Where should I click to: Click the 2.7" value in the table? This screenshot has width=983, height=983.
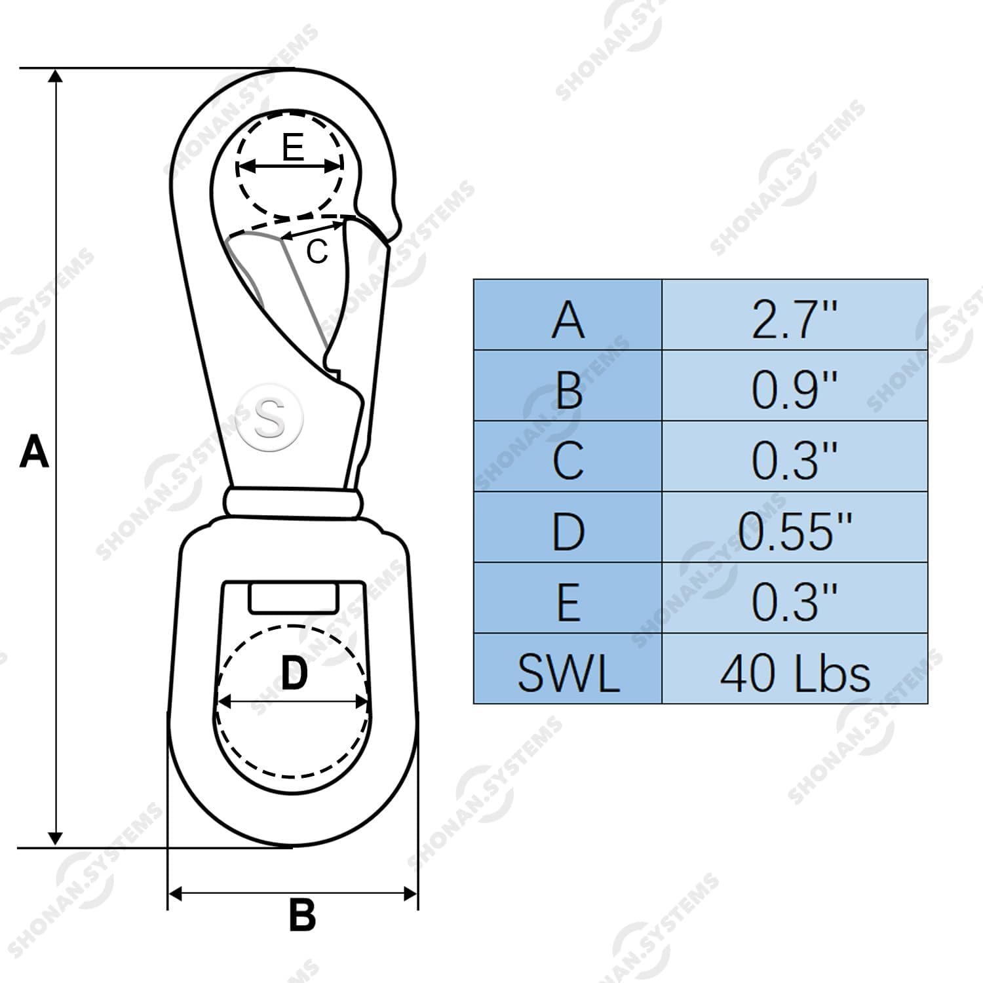coord(794,320)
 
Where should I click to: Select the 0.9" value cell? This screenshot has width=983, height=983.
coord(794,390)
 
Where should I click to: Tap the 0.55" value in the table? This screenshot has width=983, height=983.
coord(794,531)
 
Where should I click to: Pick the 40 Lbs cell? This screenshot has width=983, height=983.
coord(794,673)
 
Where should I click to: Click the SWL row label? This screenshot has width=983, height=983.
coord(568,673)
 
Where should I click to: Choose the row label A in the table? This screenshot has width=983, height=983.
coord(568,320)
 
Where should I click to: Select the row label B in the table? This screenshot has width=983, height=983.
coord(568,390)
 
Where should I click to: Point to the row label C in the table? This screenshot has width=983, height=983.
coord(568,460)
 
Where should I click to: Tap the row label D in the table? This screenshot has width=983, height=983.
coord(568,531)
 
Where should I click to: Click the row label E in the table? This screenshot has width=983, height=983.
coord(568,602)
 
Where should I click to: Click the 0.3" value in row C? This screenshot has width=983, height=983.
coord(794,460)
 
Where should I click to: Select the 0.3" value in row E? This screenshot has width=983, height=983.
coord(794,602)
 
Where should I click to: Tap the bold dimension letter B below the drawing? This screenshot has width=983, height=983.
coord(302,915)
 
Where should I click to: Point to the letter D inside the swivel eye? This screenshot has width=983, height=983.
coord(294,673)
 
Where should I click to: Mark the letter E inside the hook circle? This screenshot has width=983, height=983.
coord(293,147)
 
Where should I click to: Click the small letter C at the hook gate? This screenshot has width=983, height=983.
coord(317,252)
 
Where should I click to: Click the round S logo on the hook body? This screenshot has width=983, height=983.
coord(270,417)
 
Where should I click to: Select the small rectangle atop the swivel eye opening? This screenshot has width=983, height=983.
coord(293,598)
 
